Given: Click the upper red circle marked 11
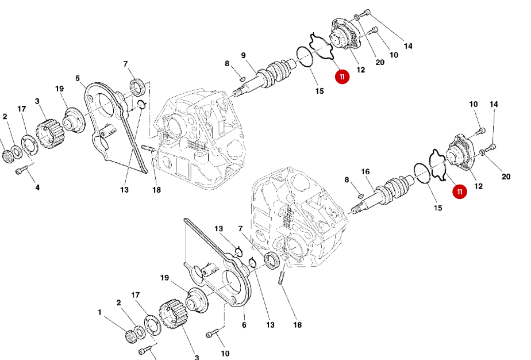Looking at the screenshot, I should (343, 76).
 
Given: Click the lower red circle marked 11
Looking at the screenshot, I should (459, 192).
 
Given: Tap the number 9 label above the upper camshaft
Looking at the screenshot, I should (243, 55).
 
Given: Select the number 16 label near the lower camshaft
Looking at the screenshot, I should (365, 172).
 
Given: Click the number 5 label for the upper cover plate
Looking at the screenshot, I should (78, 78).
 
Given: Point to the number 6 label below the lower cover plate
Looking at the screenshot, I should (244, 325).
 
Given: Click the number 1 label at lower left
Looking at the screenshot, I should (99, 313).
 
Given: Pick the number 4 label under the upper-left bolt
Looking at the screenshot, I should (37, 187).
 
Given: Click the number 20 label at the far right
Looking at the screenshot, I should (506, 177).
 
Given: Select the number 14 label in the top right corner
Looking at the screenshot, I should (408, 45).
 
